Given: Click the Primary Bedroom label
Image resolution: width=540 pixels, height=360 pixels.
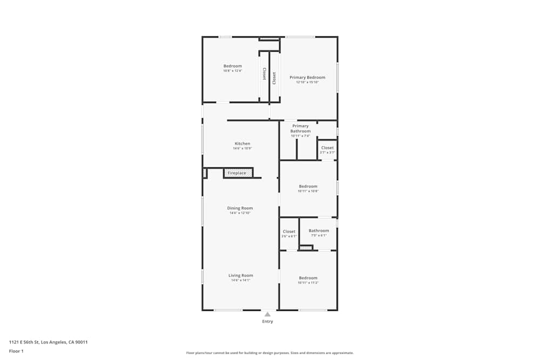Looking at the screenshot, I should coord(307,78).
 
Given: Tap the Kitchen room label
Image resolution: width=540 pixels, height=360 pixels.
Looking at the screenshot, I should coord(242,144).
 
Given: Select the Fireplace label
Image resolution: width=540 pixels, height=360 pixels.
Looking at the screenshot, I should coord(237,173).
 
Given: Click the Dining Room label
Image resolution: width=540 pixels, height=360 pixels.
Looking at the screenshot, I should coord(240,208).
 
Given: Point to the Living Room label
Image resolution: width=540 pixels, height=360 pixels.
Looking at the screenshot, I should coord(240,276).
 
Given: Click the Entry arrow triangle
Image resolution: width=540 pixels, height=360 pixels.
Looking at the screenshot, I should coord(267,314).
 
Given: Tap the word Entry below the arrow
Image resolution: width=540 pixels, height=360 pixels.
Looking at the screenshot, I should coord(267,322).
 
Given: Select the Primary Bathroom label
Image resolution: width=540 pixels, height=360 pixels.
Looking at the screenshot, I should coord(300,128).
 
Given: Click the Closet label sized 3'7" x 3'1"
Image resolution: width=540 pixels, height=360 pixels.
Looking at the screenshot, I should coord(327,148).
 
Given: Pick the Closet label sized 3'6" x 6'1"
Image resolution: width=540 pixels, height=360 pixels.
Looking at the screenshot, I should coord(289,232).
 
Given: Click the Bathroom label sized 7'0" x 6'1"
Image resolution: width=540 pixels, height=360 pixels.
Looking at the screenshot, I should coord(319,231).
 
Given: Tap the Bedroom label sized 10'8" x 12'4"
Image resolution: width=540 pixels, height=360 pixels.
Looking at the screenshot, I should coord(233,66).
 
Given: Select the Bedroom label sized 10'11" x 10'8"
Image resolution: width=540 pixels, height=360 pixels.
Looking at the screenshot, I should coord(308,187).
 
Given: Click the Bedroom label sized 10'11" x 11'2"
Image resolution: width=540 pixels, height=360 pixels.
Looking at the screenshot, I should coord(308,279).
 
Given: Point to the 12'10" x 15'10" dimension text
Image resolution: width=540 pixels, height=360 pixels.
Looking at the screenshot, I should coord(307,83).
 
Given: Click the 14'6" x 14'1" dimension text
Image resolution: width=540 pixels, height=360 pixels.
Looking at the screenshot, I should coord(240,281).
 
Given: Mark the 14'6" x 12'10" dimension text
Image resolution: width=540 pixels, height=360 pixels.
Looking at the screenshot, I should coord(240,213).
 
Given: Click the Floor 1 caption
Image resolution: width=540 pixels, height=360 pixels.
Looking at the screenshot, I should coord(16,351).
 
